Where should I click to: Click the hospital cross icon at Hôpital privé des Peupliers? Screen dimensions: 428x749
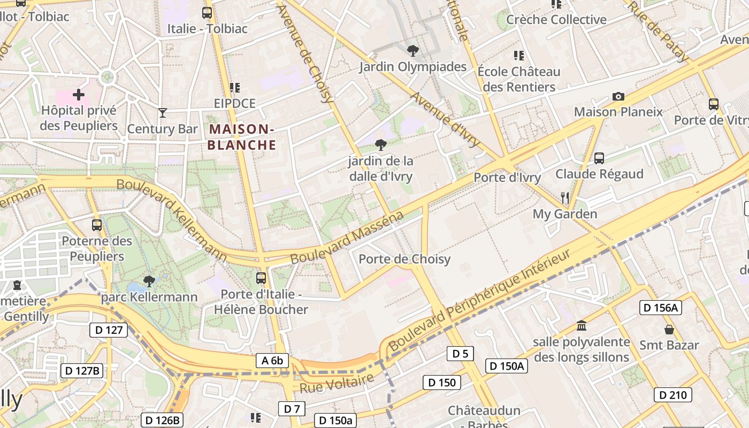point(79,95)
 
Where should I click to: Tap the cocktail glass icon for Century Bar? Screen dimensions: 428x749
point(163,113)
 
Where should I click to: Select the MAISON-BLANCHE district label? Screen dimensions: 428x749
point(242,137)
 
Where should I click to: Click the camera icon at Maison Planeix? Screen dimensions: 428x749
point(618,97)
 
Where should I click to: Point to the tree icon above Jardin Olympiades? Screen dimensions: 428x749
point(412,51)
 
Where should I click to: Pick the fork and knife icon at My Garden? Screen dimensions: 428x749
point(565,198)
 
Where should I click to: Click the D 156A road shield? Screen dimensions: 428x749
point(660,308)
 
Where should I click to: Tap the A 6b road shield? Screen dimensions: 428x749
point(272,361)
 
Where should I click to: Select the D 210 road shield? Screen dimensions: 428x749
point(672,395)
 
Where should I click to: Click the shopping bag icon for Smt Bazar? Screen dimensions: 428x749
point(669,329)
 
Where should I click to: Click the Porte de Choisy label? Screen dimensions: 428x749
point(404,259)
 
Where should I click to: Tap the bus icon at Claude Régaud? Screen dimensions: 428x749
point(599,158)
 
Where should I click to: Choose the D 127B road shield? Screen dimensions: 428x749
point(81,371)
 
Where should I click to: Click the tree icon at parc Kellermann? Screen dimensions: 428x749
point(149,281)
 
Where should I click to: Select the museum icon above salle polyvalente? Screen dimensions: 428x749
point(582,325)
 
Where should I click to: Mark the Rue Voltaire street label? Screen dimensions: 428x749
point(337,384)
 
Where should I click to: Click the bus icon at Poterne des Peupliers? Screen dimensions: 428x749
point(97,225)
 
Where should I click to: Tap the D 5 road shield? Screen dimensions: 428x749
point(460,354)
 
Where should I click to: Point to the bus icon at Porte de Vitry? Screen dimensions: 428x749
point(713,104)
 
